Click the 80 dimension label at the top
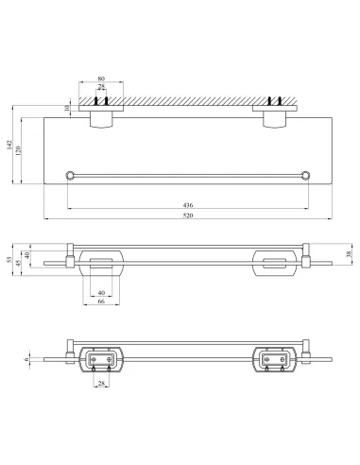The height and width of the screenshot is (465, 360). [x=101, y=78]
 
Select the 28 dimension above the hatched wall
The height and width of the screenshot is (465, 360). [x=101, y=86]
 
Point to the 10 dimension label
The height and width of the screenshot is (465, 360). [x=66, y=108]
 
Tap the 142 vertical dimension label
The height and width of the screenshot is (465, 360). [x=9, y=145]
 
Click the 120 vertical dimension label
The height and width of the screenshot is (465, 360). [x=18, y=151]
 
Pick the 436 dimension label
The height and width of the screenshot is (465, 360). [x=188, y=205]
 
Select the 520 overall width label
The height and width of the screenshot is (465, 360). [x=188, y=215]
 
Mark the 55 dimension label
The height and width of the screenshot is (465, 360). [x=9, y=259]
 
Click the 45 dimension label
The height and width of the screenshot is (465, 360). [x=18, y=263]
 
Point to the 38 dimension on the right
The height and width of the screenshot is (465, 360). [x=349, y=254]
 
